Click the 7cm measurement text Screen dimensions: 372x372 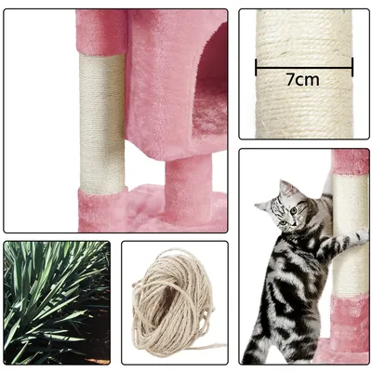point(302,80)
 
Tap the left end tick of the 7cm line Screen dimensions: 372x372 point(256,67)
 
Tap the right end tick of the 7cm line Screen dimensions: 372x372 point(352,67)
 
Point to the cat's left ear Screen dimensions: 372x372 point(285,188)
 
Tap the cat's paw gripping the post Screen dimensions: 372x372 point(361,236)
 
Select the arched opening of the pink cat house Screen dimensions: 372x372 point(210,82)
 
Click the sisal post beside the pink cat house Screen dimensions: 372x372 point(102,124)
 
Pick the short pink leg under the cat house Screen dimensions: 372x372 point(188,189)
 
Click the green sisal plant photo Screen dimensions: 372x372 point(57,302)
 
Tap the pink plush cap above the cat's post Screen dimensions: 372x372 point(351,162)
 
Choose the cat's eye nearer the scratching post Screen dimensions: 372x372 point(293,211)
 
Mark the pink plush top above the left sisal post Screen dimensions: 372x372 point(101,33)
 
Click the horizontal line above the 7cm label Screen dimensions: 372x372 point(304,67)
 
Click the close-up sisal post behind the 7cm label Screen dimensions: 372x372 point(304,73)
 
